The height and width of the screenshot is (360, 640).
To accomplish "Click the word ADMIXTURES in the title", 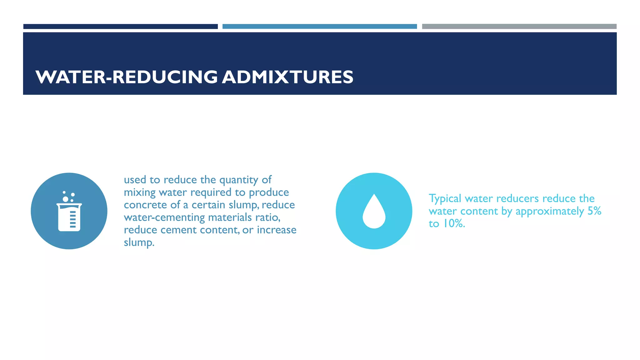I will (x=287, y=77).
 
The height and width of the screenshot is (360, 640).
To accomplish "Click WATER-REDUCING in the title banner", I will (x=127, y=77).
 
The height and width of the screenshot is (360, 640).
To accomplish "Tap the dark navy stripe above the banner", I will (x=120, y=27).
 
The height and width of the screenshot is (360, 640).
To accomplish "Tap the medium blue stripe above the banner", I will (x=319, y=27).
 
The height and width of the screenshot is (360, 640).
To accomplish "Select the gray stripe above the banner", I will (x=519, y=27).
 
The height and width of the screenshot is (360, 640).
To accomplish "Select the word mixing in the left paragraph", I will (x=139, y=192).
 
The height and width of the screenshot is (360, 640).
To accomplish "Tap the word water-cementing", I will (x=164, y=217).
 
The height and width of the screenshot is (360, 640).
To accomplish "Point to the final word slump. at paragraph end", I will (x=139, y=242).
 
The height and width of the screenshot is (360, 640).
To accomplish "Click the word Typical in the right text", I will (x=445, y=199).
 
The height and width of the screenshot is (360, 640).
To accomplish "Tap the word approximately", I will (x=550, y=211).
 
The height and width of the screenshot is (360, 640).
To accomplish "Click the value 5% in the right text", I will (x=594, y=211).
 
